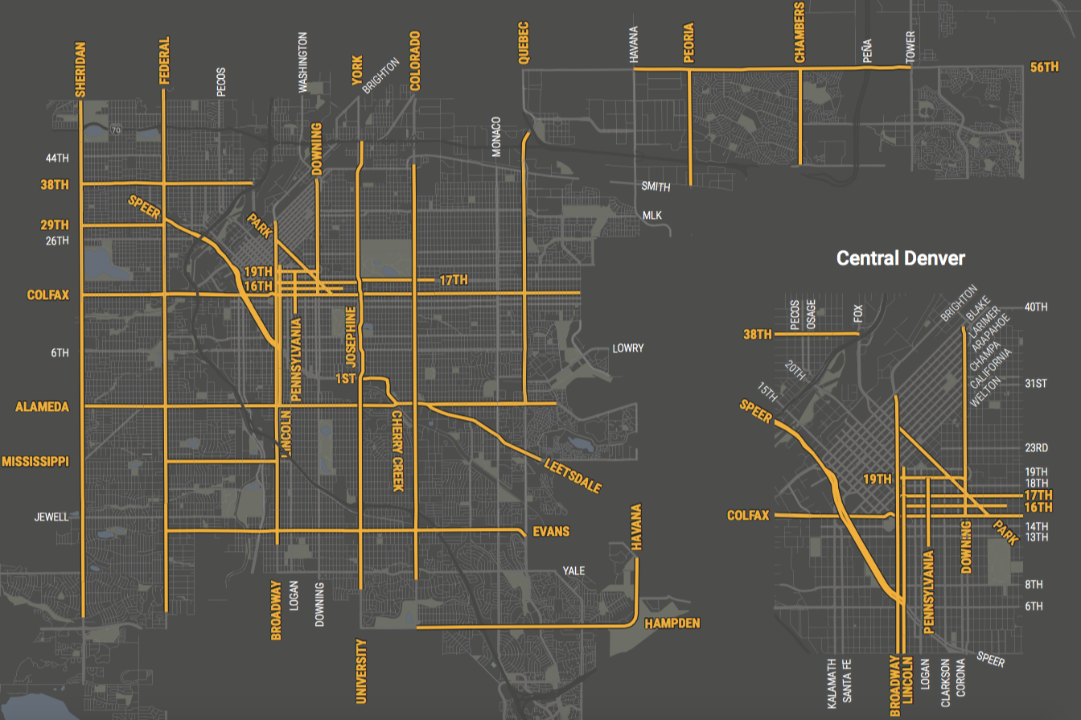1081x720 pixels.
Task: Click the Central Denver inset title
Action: (901, 258)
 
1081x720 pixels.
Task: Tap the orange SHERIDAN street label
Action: (80, 69)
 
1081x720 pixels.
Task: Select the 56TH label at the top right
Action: (1045, 68)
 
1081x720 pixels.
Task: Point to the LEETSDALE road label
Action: (573, 475)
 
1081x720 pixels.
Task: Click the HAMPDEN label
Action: (672, 623)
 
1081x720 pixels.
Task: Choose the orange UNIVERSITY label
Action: (361, 671)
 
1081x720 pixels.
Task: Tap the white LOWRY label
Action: (627, 348)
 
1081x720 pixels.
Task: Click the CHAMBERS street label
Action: (799, 31)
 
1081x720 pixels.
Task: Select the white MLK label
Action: (651, 216)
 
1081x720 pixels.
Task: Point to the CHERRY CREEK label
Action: (397, 451)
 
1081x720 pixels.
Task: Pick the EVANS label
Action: (551, 531)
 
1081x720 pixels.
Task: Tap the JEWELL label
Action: (51, 516)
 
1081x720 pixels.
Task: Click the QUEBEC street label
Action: (524, 43)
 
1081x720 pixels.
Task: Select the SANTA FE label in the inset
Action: (847, 680)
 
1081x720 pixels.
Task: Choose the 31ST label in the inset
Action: (1036, 383)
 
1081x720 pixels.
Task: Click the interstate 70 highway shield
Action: (117, 129)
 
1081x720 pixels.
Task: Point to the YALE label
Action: (573, 571)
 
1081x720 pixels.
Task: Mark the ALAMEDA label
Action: (43, 407)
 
